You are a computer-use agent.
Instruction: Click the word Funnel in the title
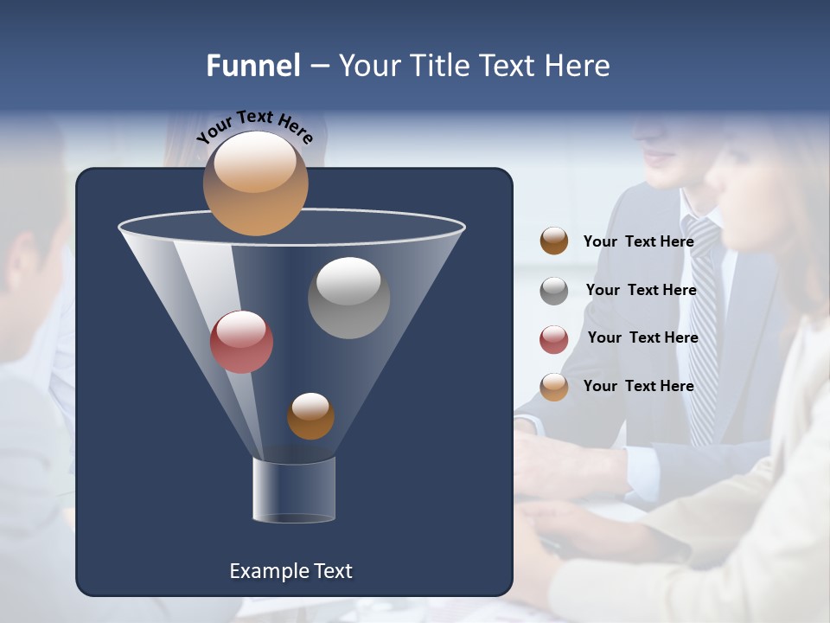(x=253, y=66)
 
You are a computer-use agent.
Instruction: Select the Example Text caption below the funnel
(x=290, y=571)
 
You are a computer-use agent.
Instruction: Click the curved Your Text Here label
(x=254, y=126)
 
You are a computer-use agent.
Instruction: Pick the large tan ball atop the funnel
(x=255, y=183)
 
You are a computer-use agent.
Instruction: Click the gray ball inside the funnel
(x=348, y=298)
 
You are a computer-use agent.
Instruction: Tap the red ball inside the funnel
(x=241, y=342)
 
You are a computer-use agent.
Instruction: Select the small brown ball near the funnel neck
(x=310, y=416)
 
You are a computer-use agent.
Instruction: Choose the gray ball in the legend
(x=554, y=291)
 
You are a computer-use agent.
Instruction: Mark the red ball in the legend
(x=554, y=339)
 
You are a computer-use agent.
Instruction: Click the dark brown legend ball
(x=554, y=241)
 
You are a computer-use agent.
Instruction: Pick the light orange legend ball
(x=554, y=387)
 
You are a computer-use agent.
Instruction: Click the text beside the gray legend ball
(x=641, y=290)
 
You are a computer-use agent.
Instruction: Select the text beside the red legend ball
(x=642, y=338)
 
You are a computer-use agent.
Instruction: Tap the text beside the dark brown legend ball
(x=638, y=241)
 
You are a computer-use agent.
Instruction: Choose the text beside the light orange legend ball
(x=638, y=386)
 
